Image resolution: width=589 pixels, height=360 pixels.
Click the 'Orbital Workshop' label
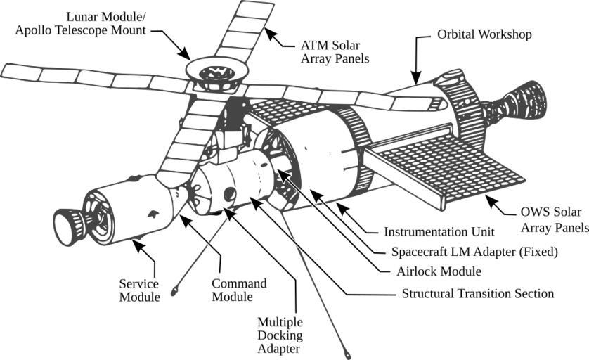(x=484, y=34)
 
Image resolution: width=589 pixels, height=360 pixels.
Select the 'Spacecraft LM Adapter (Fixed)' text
(x=474, y=251)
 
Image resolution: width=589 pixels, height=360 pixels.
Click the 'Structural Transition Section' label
(x=478, y=292)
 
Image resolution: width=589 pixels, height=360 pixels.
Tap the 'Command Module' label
(x=239, y=290)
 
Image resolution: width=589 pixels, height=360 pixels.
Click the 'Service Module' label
(x=139, y=290)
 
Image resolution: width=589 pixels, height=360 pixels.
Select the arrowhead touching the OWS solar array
(x=490, y=200)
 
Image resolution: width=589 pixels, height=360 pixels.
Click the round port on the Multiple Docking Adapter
(x=228, y=195)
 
